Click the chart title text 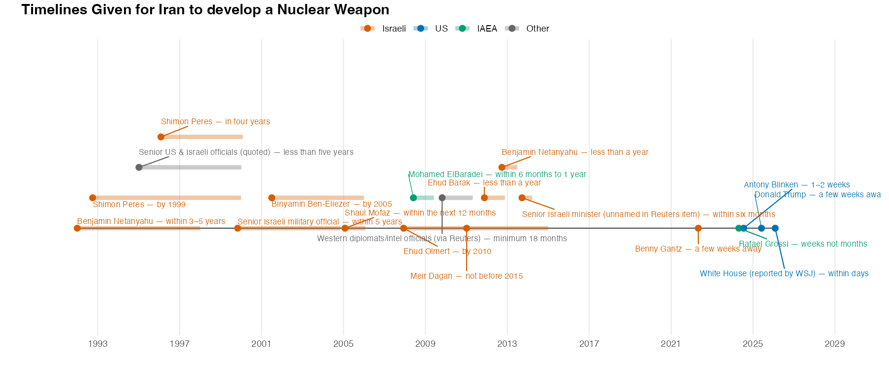(205, 9)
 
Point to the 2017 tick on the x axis (589, 344)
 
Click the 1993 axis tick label (98, 344)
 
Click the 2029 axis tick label (834, 344)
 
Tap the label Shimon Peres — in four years (215, 122)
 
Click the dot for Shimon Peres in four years (161, 137)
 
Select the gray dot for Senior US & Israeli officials (139, 167)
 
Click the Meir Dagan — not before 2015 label (466, 276)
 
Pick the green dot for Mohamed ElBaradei (413, 198)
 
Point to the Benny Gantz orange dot (698, 228)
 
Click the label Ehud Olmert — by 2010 (447, 252)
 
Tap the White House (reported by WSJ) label (784, 274)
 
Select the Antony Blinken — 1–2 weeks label (797, 185)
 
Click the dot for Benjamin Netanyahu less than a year (502, 167)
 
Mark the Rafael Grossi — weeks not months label (803, 244)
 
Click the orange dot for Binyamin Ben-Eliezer (272, 198)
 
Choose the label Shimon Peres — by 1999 (139, 205)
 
